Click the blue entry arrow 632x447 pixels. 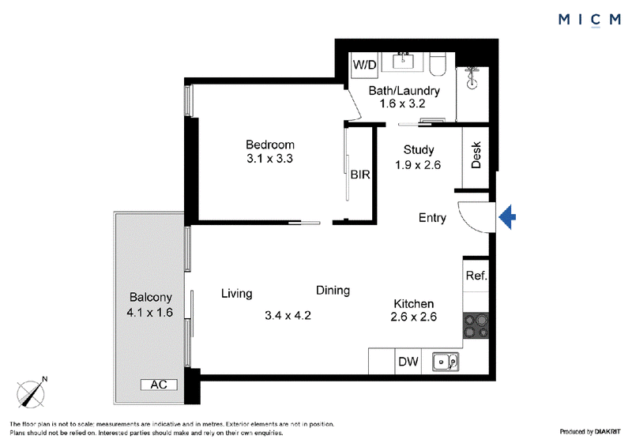(x=507, y=217)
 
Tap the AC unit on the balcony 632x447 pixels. (x=159, y=385)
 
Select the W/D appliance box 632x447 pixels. (x=364, y=65)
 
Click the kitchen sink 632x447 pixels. (x=446, y=362)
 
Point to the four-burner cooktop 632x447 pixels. (x=476, y=325)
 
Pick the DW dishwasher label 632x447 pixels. (x=408, y=362)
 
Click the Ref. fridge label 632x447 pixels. (x=476, y=276)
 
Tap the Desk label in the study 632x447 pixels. (x=476, y=155)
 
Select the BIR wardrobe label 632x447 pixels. (x=360, y=175)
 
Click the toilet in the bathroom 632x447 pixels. (x=438, y=64)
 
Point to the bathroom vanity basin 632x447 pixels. (x=403, y=62)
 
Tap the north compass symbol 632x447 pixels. (x=31, y=393)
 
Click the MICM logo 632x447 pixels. (x=589, y=19)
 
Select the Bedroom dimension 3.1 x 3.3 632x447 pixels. (x=269, y=159)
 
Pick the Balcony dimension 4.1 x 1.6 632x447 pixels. (x=149, y=313)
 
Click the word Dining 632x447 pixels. (x=333, y=291)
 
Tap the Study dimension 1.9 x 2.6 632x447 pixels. (x=418, y=165)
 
